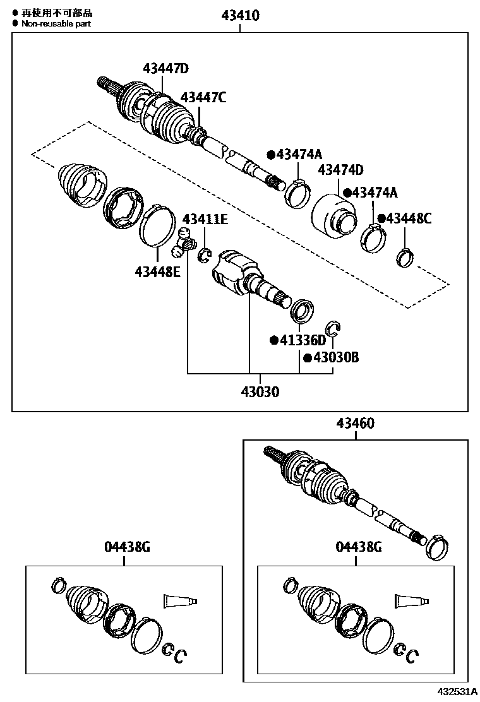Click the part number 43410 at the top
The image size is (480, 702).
[240, 15]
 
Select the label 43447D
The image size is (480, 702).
[165, 69]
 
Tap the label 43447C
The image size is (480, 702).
[203, 97]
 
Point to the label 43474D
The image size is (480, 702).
[340, 170]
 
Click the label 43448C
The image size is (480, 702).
[409, 218]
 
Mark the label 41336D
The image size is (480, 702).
[303, 341]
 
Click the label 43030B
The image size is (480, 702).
[336, 358]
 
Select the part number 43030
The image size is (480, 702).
[259, 391]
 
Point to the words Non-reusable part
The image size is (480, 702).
[56, 23]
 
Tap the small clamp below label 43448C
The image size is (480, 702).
[404, 256]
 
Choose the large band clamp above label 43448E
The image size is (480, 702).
[157, 225]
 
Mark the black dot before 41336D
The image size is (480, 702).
[274, 341]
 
